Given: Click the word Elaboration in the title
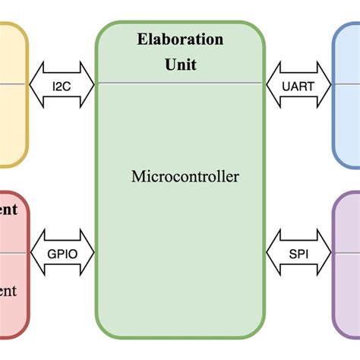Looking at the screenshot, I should [x=180, y=39].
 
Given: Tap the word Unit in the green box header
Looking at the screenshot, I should [x=180, y=65].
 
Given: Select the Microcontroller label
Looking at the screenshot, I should [x=185, y=177].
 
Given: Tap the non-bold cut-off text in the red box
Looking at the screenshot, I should [x=8, y=291].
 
